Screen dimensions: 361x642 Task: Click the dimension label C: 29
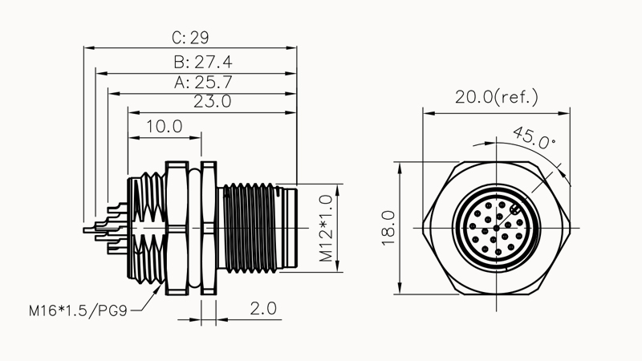(x=191, y=38)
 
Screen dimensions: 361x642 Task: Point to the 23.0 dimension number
(x=213, y=102)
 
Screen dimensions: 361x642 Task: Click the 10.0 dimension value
(x=165, y=126)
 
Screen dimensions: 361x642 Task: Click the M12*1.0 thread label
(x=326, y=228)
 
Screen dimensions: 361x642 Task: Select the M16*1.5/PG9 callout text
(x=79, y=309)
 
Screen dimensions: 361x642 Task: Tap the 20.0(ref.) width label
(x=496, y=97)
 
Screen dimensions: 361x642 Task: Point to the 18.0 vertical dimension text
(x=388, y=227)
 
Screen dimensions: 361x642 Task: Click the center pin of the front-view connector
(x=497, y=228)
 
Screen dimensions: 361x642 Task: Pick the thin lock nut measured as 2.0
(x=208, y=228)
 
